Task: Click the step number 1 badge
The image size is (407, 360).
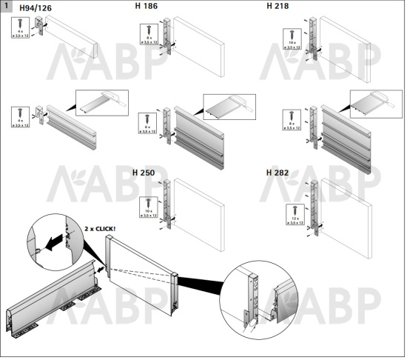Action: pyautogui.click(x=7, y=6)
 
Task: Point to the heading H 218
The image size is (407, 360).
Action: pyautogui.click(x=277, y=7)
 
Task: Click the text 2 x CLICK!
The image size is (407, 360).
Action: pyautogui.click(x=101, y=229)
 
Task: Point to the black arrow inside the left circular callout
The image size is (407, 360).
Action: pyautogui.click(x=50, y=241)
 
